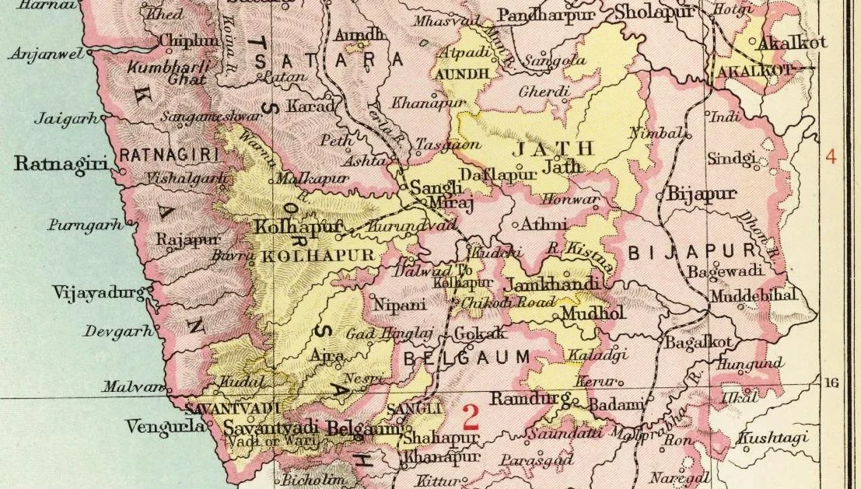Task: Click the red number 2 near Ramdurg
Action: click(x=471, y=417)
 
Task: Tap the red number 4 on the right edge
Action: click(x=831, y=156)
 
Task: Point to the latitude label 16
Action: click(x=831, y=383)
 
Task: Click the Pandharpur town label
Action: click(x=546, y=15)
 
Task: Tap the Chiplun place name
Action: click(x=188, y=40)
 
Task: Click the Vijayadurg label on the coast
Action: click(x=98, y=293)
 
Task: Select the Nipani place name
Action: click(x=400, y=305)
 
